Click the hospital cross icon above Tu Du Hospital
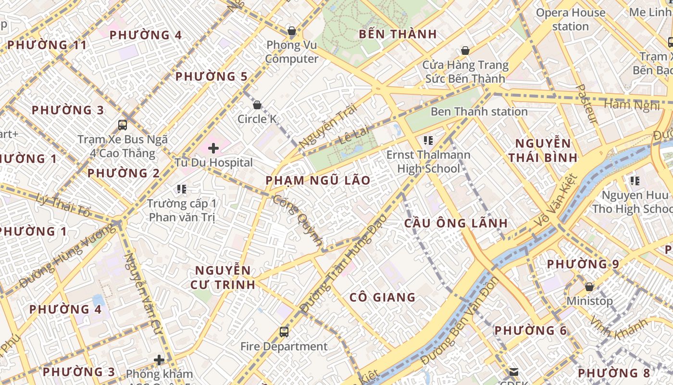tap(213, 148)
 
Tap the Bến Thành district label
tap(398, 34)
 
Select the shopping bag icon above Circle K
tap(257, 105)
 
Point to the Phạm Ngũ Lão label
tap(318, 180)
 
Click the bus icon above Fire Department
tap(284, 332)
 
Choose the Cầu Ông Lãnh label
tap(456, 223)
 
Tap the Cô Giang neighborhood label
tap(383, 297)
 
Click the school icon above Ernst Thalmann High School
tap(428, 141)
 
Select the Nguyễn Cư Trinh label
tap(223, 277)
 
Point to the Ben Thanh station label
tap(479, 112)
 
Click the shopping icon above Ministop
tap(589, 287)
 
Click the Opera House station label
tap(570, 20)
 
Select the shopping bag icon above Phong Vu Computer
tap(291, 31)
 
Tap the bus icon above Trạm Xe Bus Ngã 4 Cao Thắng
tap(123, 125)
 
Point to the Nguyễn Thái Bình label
tap(543, 150)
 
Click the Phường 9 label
tap(583, 264)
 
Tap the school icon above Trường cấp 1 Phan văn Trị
tap(181, 189)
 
